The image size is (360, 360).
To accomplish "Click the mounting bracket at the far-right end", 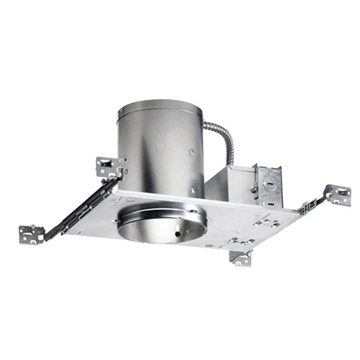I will tap(337, 194).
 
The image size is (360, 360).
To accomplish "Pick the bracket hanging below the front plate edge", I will tap(240, 257).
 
